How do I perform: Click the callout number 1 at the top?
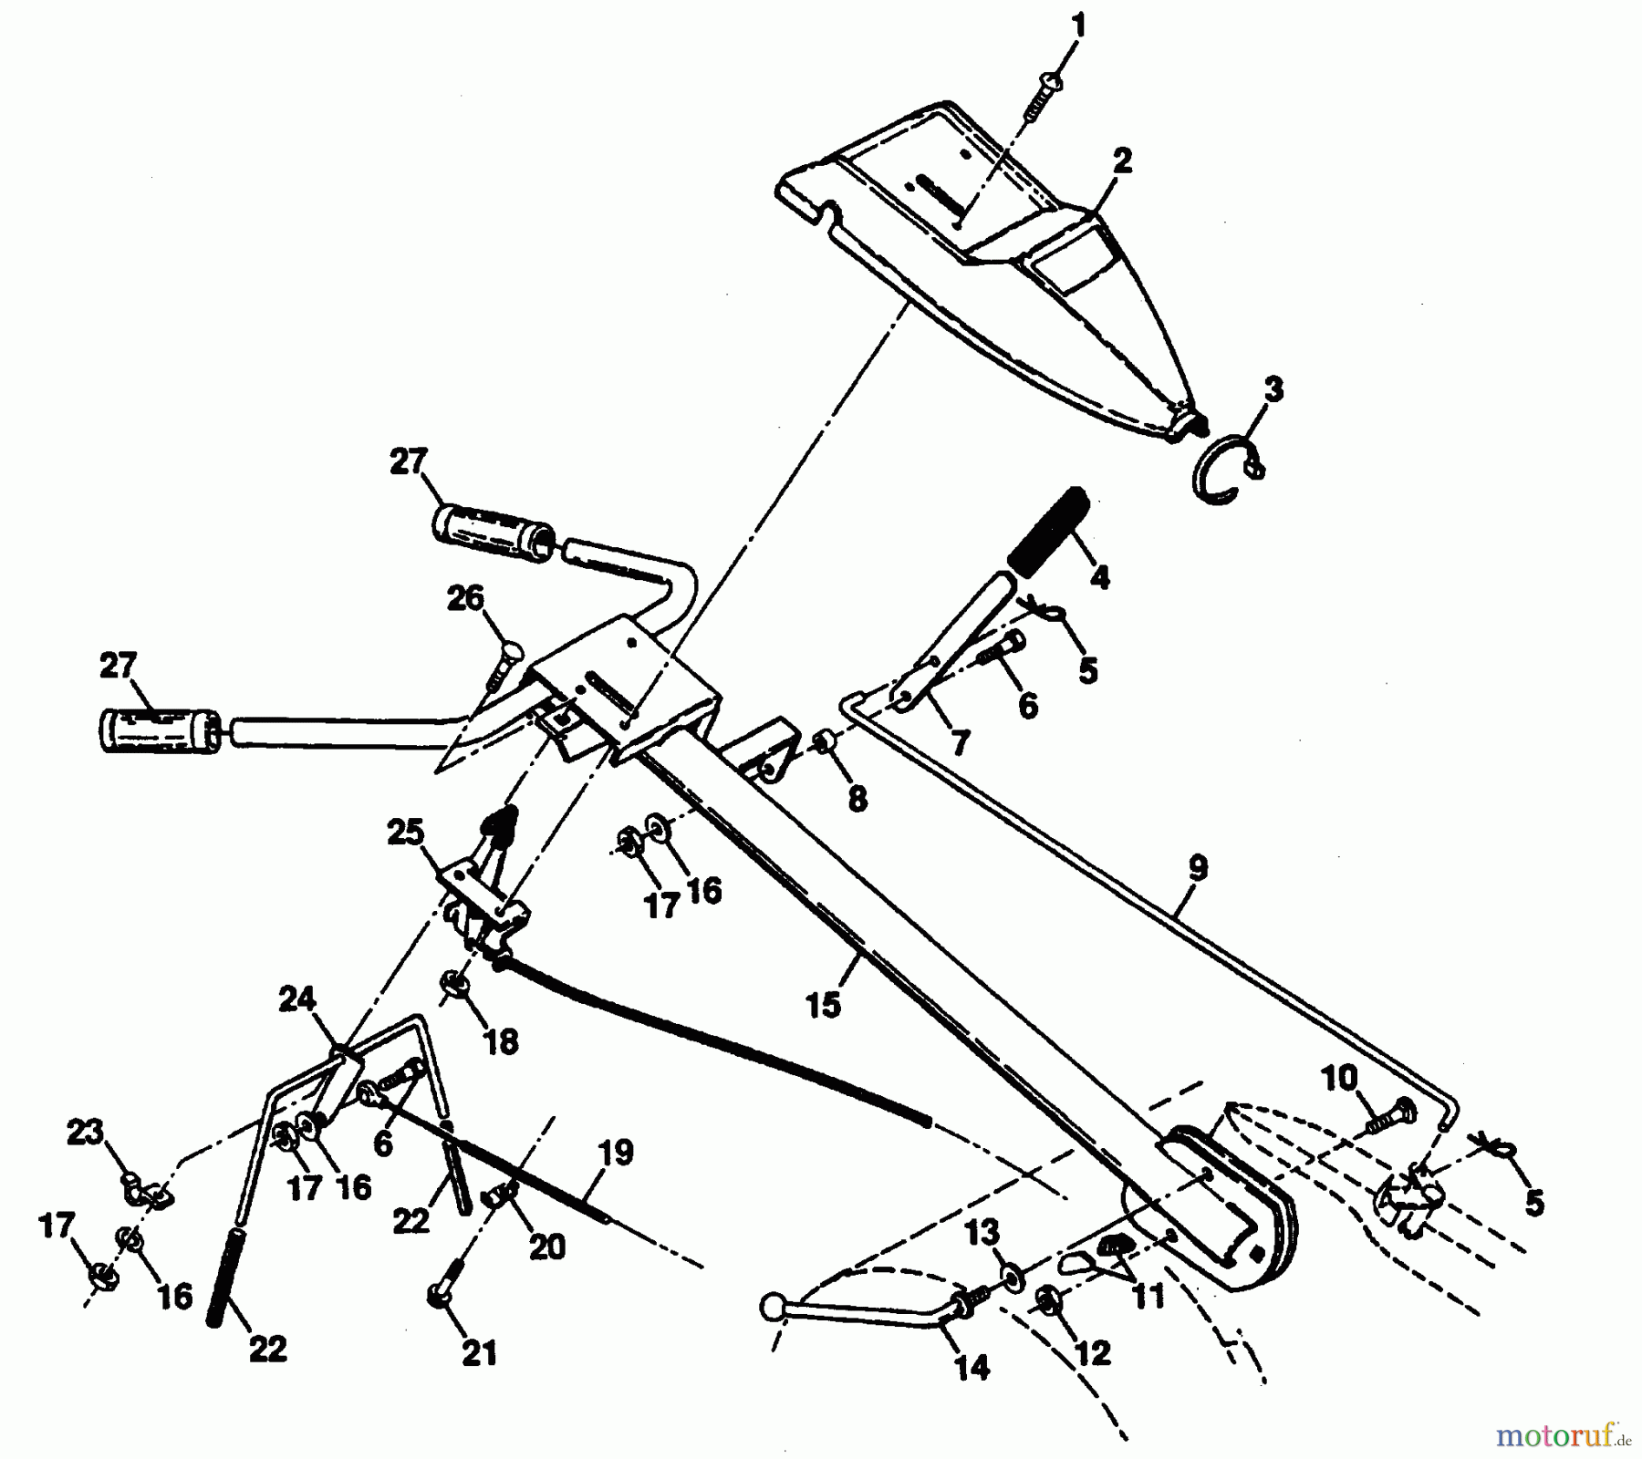pyautogui.click(x=1078, y=26)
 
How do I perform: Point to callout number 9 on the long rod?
pyautogui.click(x=1197, y=867)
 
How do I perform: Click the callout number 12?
pyautogui.click(x=1093, y=1352)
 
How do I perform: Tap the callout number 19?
pyautogui.click(x=617, y=1153)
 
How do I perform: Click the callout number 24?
pyautogui.click(x=296, y=1000)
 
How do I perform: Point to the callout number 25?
pyautogui.click(x=405, y=832)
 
